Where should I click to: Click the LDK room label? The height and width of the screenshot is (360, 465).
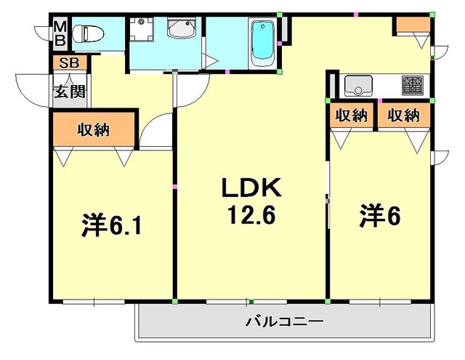point(251,189)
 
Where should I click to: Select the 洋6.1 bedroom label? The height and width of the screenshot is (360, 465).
point(110,225)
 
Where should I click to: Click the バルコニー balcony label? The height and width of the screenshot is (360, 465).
point(283,321)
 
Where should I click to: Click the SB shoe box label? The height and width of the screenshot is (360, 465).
point(69,63)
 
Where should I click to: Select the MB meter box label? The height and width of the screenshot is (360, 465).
point(59,34)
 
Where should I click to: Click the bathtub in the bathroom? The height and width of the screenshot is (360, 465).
point(261,43)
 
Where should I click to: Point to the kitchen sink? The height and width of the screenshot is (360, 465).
point(358,86)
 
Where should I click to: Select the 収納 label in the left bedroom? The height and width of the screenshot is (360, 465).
point(93,130)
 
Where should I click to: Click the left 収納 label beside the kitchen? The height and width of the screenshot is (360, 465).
point(350,115)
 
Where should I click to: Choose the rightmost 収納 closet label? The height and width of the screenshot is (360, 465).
point(403,115)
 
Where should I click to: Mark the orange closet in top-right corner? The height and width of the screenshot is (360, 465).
point(411,23)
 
